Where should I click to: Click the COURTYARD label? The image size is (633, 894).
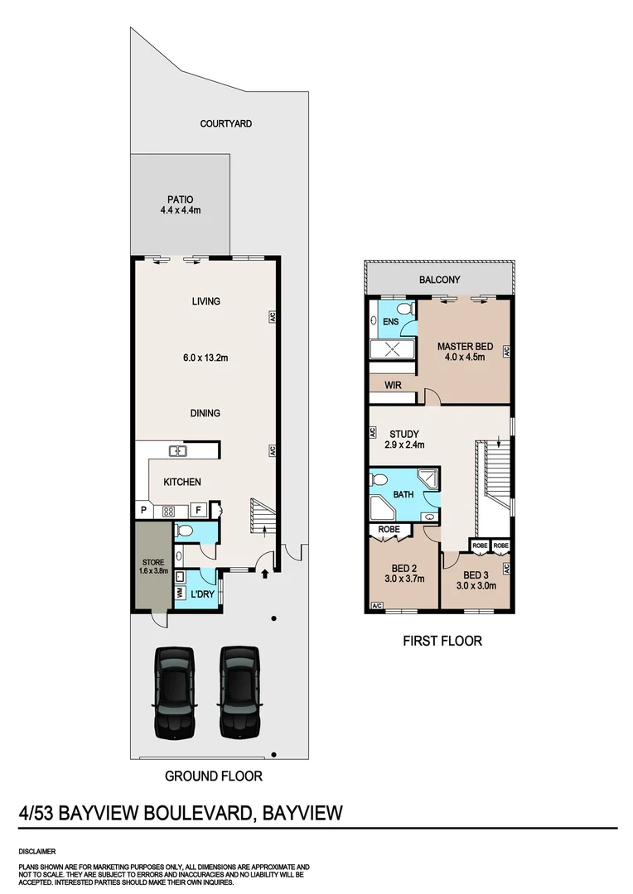(225, 123)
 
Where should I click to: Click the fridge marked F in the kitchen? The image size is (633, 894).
(199, 511)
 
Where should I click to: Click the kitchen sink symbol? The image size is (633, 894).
(177, 451)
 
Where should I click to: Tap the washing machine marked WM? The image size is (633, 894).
(180, 592)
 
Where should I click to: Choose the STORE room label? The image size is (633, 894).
(152, 567)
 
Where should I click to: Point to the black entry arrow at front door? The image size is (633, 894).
(265, 572)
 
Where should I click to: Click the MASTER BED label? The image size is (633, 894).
(461, 351)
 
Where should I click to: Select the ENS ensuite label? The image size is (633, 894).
(390, 320)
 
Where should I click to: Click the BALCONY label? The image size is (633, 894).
(439, 280)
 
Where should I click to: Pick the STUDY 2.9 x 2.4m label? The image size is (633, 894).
(404, 439)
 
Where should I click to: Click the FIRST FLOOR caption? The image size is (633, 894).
(442, 640)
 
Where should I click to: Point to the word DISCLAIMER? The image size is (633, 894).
(36, 850)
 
